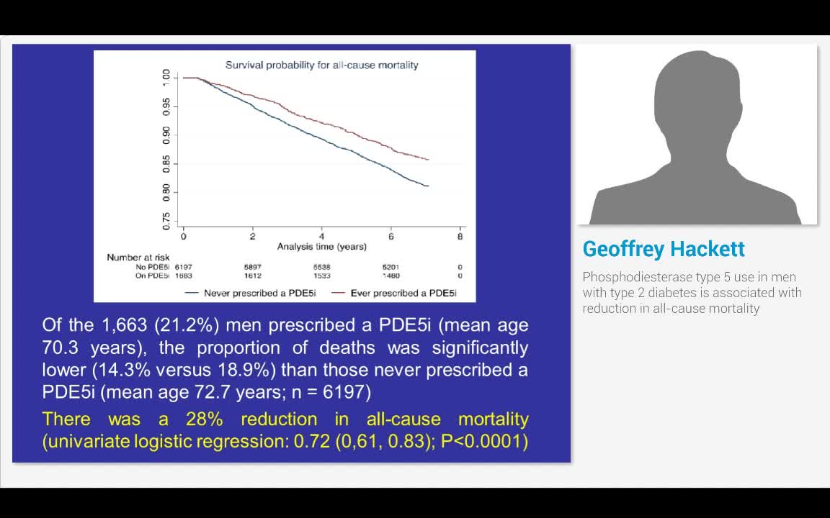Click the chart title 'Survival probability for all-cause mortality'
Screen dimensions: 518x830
(321, 65)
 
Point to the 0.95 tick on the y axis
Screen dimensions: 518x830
(166, 107)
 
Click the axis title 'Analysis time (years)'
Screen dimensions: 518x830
(321, 247)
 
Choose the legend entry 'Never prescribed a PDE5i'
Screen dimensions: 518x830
(249, 293)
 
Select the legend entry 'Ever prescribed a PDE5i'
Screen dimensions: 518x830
(403, 293)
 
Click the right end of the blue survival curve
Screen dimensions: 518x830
(429, 186)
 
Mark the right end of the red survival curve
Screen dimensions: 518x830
(429, 160)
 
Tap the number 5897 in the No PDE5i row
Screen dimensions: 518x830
(253, 267)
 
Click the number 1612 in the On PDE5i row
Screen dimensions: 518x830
(253, 276)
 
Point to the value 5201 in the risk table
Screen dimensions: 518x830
(391, 267)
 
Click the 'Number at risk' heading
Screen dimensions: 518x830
(138, 258)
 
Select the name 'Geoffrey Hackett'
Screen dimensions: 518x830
(664, 249)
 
